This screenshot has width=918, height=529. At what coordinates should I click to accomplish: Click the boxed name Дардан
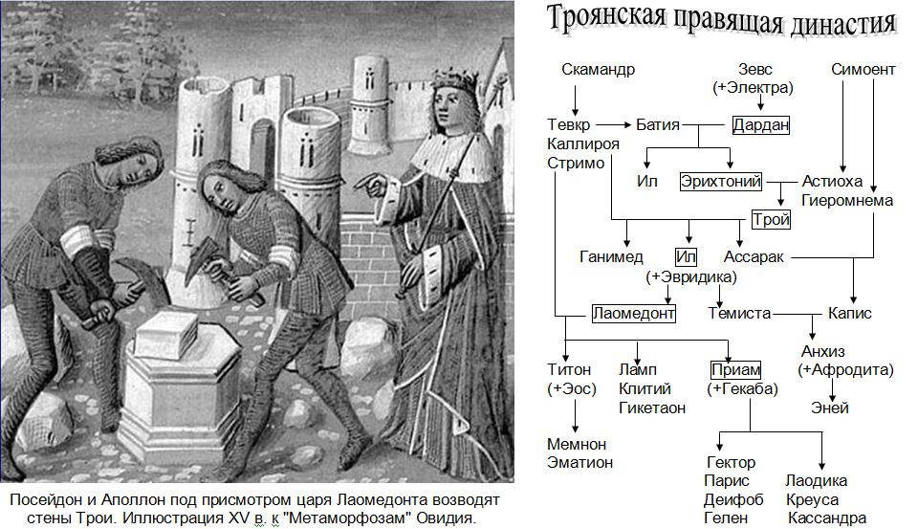pos(760,124)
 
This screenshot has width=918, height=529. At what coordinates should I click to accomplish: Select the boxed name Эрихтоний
pos(721,182)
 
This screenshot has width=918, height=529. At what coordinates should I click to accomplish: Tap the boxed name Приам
pos(735,369)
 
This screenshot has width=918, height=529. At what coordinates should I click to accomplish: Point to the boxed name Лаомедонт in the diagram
pos(633,314)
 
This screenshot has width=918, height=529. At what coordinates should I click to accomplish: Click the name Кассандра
pos(827,518)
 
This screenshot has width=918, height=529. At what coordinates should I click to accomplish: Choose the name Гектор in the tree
pos(732,462)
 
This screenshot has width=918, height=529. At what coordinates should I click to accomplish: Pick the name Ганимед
pos(611,256)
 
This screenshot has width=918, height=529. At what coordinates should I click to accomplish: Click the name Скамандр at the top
pos(598,69)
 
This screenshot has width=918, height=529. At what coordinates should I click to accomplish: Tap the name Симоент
pos(863,69)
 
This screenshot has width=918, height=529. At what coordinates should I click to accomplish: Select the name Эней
pos(830,408)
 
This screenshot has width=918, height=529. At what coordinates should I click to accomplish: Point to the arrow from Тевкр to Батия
pos(614,124)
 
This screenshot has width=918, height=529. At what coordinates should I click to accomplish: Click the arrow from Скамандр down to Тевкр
pos(575,100)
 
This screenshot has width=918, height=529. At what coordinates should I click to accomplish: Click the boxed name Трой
pos(771,220)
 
